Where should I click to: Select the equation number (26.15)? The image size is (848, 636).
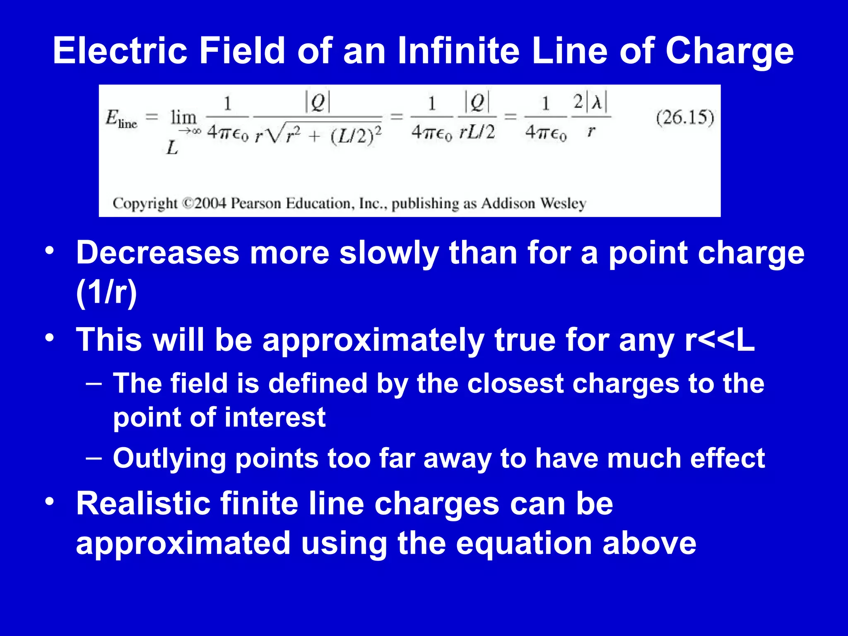(x=685, y=118)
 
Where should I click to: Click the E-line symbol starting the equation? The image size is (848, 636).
(x=120, y=119)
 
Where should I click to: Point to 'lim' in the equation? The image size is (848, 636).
(x=183, y=118)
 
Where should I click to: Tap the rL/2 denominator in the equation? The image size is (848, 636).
(x=477, y=132)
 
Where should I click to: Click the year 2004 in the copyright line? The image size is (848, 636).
(x=210, y=203)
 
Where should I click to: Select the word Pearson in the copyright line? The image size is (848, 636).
(x=255, y=203)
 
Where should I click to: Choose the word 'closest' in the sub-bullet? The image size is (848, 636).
(x=515, y=383)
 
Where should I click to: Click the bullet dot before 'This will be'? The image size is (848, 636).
(x=50, y=338)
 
